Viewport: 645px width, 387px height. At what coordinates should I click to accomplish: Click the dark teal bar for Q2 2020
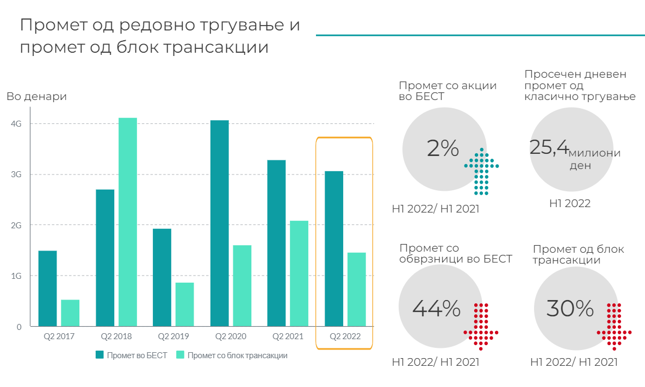coord(219,223)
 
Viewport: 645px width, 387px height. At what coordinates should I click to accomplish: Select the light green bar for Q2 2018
coord(127,222)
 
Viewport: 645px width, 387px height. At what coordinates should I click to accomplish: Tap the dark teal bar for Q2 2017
coord(47,288)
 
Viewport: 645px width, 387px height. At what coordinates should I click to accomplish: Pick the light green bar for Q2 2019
coord(184,304)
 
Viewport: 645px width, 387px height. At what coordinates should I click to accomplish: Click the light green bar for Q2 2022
coord(356,289)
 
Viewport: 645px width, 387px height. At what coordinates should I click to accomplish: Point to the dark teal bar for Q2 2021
coord(276,243)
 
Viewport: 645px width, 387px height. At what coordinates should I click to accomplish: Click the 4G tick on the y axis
coord(16,124)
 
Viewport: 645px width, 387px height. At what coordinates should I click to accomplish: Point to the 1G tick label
coord(16,276)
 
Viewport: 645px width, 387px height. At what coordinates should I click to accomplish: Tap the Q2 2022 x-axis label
coord(345,336)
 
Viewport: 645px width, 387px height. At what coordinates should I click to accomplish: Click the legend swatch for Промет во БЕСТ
coord(100,355)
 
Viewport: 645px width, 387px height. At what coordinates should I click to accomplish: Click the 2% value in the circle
coord(443,148)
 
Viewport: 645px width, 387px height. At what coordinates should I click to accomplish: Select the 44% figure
coord(436,309)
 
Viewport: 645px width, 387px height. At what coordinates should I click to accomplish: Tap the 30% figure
coord(569,309)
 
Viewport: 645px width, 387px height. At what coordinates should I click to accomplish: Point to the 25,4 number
coord(549,147)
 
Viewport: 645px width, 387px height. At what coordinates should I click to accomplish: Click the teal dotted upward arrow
coord(481,171)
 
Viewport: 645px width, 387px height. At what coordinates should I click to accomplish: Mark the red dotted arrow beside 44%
coord(481,326)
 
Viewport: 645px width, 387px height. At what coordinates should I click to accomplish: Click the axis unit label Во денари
coord(36,97)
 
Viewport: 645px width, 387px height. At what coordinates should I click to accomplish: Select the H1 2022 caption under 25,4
coord(569,204)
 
